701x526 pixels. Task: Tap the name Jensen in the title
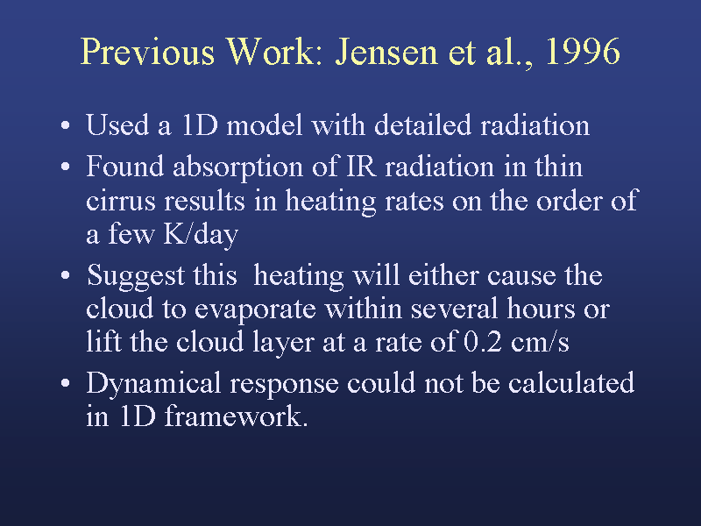point(386,52)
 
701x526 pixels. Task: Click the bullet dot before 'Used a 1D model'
point(65,125)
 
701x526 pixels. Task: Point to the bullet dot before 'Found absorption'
point(65,167)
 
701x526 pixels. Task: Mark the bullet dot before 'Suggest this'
point(65,275)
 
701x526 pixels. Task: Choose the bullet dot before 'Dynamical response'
point(65,383)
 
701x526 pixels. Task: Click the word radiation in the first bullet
point(535,124)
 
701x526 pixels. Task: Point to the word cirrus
point(121,201)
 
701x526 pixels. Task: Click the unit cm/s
point(540,342)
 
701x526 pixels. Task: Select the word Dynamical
point(153,384)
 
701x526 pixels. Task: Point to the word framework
point(236,416)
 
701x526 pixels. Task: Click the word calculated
point(571,383)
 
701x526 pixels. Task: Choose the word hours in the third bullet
point(541,309)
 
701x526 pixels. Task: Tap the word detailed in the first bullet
point(422,124)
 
